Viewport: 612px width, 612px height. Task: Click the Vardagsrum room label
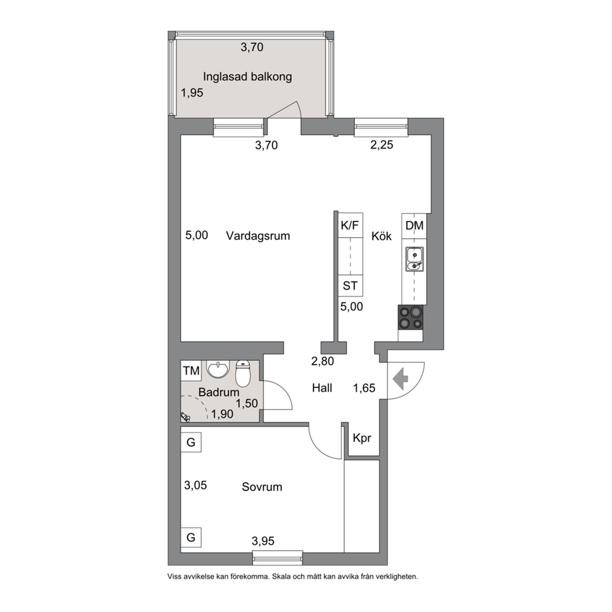258,236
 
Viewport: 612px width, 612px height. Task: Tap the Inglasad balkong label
247,77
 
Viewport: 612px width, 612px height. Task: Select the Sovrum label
262,487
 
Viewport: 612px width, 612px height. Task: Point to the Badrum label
218,392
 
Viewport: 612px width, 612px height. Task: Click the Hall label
322,388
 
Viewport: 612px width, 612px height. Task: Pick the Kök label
381,236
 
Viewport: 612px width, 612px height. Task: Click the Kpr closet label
362,439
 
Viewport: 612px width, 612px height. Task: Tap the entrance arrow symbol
400,380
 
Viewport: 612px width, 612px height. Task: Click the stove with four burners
410,317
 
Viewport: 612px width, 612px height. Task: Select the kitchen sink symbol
414,259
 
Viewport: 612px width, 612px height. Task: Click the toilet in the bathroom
243,373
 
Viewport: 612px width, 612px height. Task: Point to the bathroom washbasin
218,369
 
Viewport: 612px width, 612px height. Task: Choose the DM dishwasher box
415,226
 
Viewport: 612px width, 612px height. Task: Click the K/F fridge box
350,226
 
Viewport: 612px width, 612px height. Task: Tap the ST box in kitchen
350,286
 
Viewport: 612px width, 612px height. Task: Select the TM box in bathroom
191,371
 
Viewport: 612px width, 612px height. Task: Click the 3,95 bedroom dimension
263,541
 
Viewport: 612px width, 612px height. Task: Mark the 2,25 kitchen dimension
382,145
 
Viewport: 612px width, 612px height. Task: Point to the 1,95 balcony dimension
192,93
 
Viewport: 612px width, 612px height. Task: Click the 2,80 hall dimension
323,362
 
